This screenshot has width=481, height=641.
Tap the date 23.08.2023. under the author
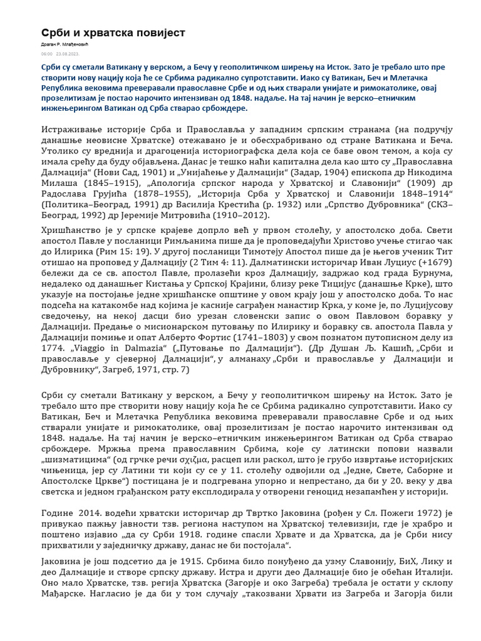click(68, 54)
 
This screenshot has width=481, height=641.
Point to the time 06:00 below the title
click(46, 54)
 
